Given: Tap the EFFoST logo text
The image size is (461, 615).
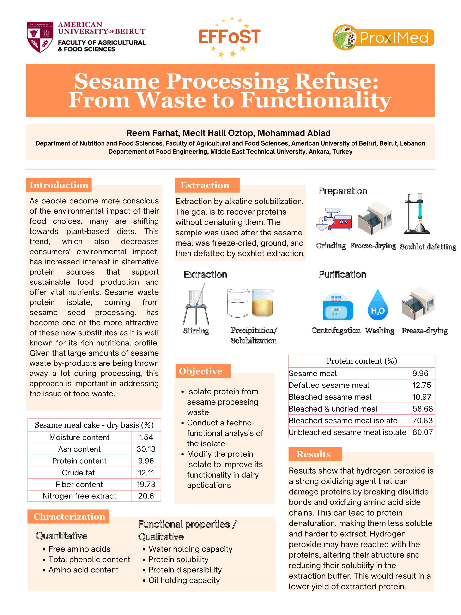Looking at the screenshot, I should (230, 37).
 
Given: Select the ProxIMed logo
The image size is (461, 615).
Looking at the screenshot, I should (383, 37).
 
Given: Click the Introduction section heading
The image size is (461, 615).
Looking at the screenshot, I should (59, 185).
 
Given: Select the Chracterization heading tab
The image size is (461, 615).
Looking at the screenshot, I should (69, 516).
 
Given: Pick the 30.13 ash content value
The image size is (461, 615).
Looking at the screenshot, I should (146, 449).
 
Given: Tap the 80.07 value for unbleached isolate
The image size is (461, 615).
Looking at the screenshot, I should (422, 432).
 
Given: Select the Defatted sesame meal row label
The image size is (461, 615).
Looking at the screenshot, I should (328, 385).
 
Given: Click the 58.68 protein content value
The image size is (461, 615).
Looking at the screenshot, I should (422, 409).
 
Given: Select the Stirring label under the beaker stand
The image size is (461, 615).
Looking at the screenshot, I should (196, 331).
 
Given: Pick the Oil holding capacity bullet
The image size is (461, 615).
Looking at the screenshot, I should (184, 580).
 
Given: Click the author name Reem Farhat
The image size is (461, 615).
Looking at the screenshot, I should (152, 133).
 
